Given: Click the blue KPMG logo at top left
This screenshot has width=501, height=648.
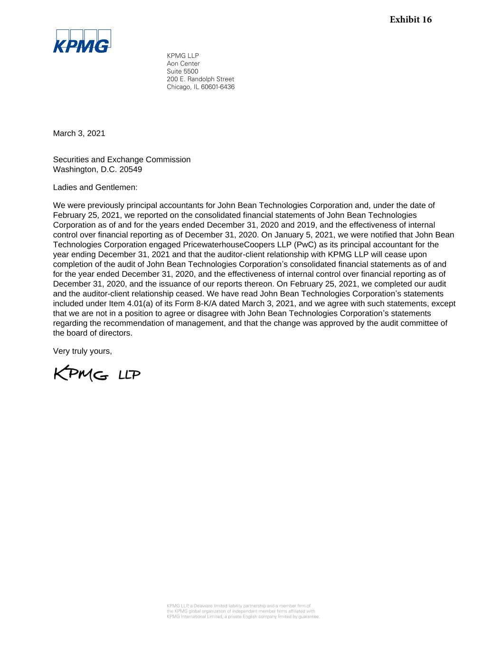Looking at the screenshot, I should pos(82,41).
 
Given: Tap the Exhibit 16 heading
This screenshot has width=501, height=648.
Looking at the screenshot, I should pos(410,19).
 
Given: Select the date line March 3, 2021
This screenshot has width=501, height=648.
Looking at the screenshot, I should pos(79,133).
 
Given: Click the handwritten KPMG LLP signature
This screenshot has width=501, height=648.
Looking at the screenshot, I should pos(97,374).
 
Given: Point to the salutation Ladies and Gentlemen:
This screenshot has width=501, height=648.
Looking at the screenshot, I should pos(95,188).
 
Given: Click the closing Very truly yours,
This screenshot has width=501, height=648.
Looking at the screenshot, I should pos(82,351).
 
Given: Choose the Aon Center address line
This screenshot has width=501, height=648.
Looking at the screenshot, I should pos(183,64).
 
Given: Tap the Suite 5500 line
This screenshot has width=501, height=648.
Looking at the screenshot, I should pos(182,71).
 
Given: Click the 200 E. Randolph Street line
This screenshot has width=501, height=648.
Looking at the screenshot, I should pos(200,79).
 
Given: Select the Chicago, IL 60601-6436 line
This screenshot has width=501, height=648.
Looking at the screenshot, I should pos(200,87).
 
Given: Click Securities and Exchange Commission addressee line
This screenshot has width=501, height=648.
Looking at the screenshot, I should pos(122,160).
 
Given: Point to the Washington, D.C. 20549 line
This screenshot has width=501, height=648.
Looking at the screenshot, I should pos(97,169).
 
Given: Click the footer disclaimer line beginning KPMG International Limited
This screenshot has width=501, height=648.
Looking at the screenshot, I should pos(243,617).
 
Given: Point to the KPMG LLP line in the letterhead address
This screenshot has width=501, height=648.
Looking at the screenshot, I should pos(182,56).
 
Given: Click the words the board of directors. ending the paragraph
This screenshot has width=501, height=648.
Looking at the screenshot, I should pos(93,333).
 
